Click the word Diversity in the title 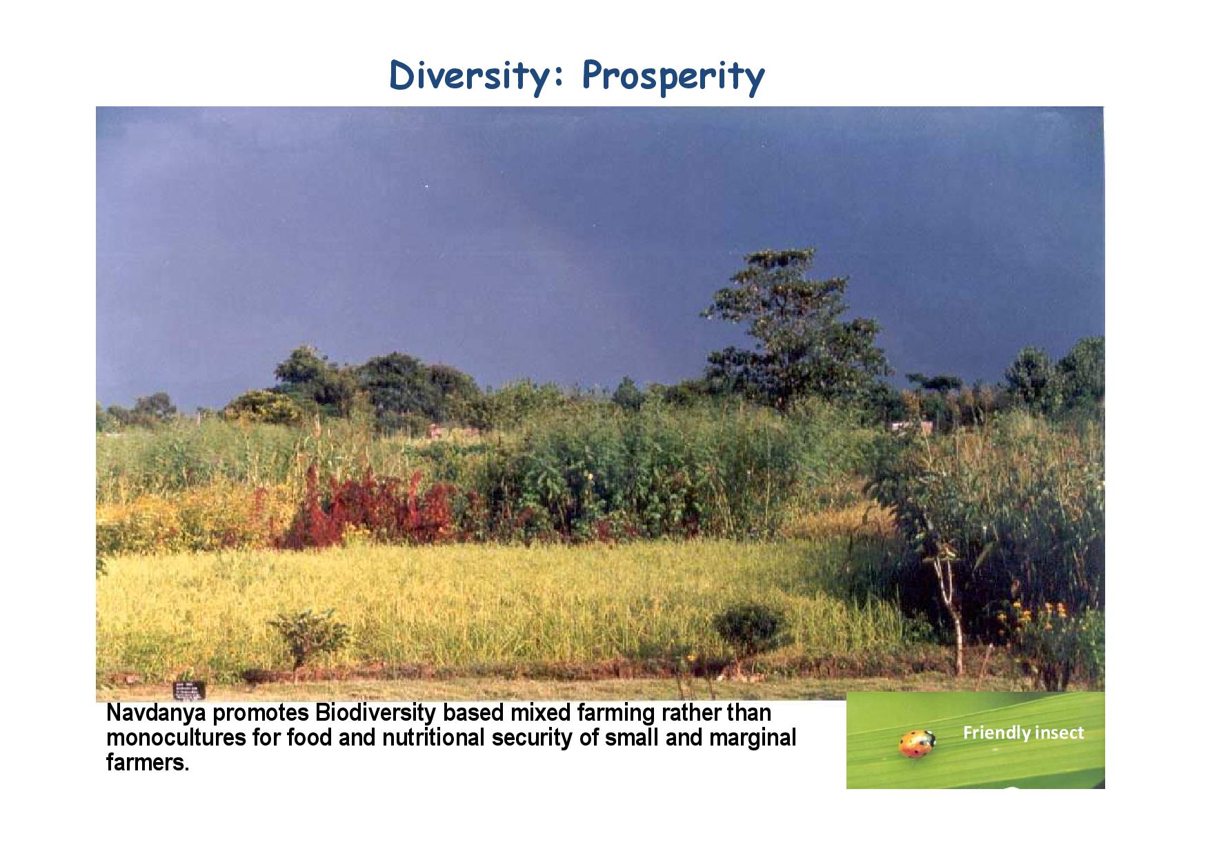pyautogui.click(x=476, y=75)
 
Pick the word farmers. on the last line pyautogui.click(x=147, y=763)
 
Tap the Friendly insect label pyautogui.click(x=1023, y=732)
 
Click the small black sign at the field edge pyautogui.click(x=190, y=689)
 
